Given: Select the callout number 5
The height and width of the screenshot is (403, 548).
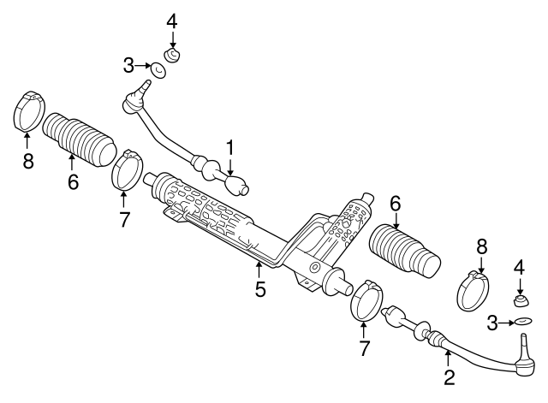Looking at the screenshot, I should (x=260, y=289).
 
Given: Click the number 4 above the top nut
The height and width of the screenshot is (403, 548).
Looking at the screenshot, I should (x=172, y=19).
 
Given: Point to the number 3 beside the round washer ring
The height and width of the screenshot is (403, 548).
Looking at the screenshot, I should (x=128, y=63).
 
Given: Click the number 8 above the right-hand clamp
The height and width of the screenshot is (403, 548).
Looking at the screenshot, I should (x=481, y=246).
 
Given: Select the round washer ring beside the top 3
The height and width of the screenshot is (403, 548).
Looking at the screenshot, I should (x=157, y=68).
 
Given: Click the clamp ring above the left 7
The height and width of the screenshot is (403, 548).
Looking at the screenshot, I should (x=128, y=170).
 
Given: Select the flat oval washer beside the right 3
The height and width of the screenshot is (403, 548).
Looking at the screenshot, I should (x=521, y=322).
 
